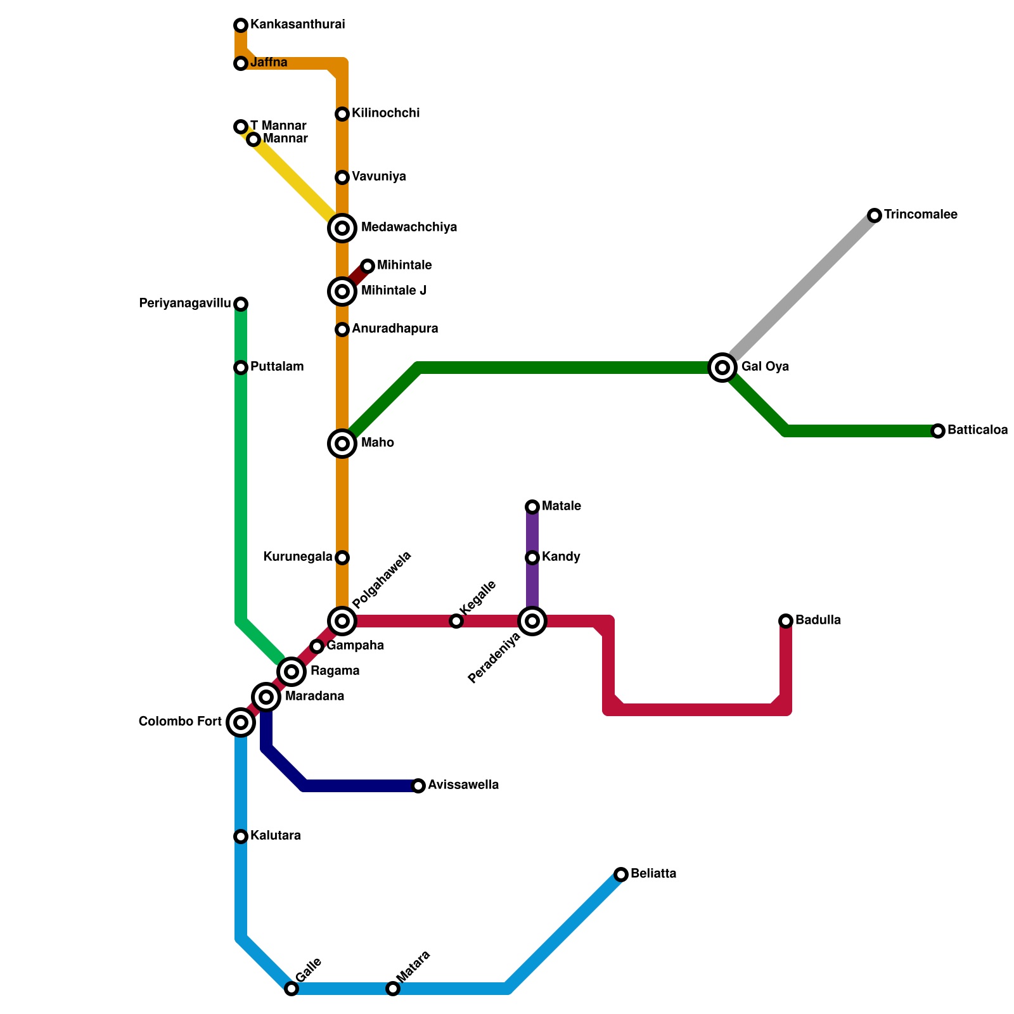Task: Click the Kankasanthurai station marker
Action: [241, 25]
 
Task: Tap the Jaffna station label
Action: [269, 63]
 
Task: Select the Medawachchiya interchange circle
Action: [342, 228]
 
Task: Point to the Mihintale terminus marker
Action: [368, 266]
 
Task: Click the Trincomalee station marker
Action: [875, 215]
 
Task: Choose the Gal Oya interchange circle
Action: [722, 368]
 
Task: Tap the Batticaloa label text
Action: [977, 430]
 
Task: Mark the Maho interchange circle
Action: [342, 444]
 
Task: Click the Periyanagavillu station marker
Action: [241, 304]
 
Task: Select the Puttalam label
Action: [276, 367]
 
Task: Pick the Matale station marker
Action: [532, 507]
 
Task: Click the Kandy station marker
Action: [532, 558]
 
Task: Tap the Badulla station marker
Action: [786, 621]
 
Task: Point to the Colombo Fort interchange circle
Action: [241, 722]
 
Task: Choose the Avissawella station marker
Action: [418, 786]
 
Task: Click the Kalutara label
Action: [275, 836]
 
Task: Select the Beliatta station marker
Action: [621, 875]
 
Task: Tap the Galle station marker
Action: [292, 989]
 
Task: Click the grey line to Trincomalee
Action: [799, 292]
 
